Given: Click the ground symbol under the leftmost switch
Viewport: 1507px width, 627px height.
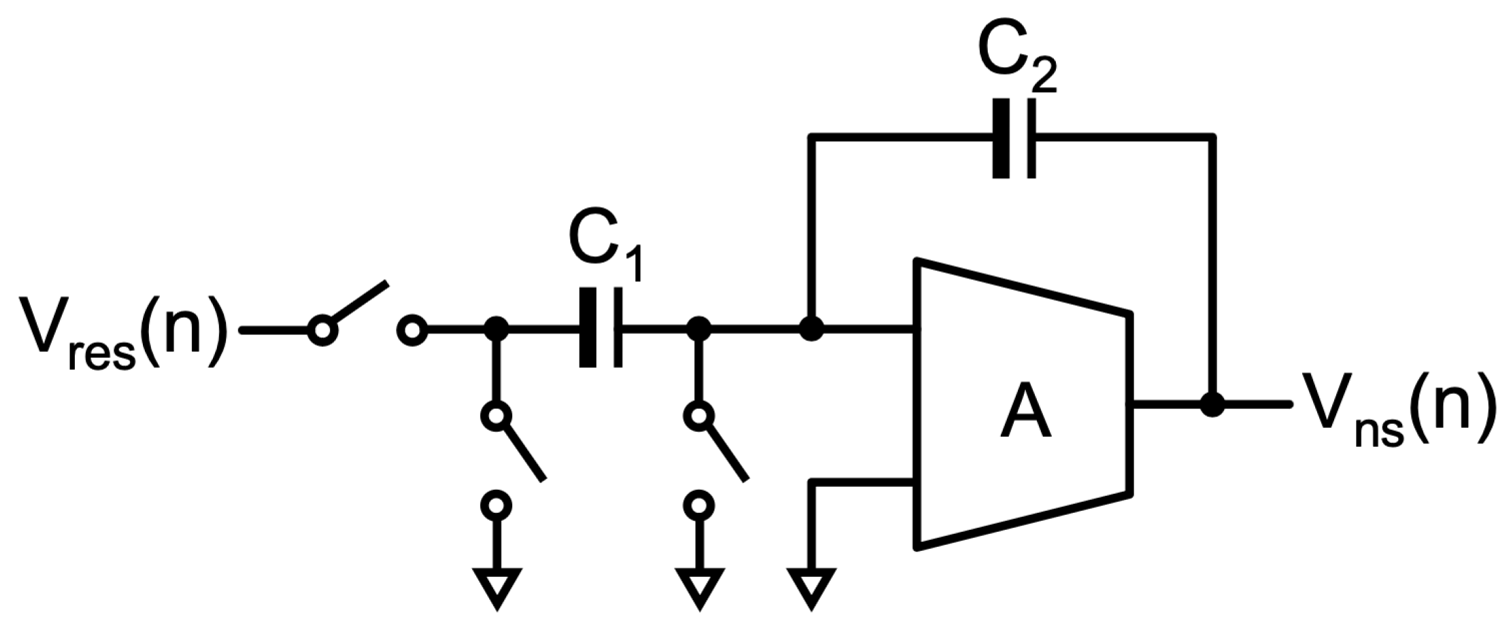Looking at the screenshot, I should pos(497,588).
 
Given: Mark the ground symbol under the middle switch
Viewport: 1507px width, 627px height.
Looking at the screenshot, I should pos(698,588).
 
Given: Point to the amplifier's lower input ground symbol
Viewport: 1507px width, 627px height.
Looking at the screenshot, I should pos(810,588).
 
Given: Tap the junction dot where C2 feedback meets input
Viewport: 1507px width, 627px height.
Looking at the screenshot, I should pos(810,330).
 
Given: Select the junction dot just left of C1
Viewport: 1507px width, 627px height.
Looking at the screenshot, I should pos(497,330).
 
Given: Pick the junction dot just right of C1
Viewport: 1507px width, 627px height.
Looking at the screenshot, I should pos(698,330).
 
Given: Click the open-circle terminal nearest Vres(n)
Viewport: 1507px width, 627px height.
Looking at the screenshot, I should pos(322,331).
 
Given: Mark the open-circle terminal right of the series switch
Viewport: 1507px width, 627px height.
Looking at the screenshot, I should pos(412,331).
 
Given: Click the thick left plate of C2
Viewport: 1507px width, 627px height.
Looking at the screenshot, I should pos(1001,139).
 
